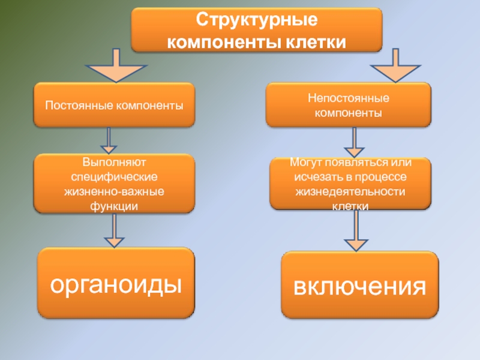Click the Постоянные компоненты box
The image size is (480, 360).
click(x=114, y=105)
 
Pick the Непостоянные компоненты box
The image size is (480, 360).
click(x=348, y=105)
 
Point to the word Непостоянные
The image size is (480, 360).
click(x=349, y=98)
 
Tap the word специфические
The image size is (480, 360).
click(x=114, y=178)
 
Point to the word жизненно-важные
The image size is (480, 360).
click(x=114, y=192)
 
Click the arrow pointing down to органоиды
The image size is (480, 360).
click(x=114, y=230)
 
